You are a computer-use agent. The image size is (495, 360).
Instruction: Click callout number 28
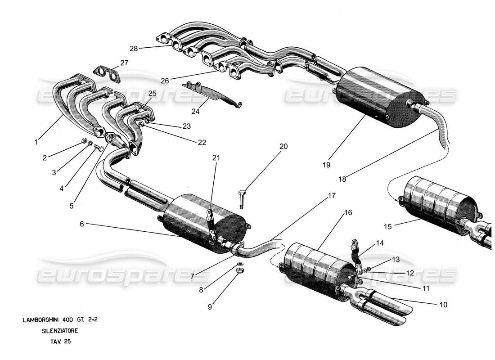tap(133, 48)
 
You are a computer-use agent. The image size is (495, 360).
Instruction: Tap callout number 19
tap(326, 165)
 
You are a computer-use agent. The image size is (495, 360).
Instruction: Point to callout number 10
tap(444, 304)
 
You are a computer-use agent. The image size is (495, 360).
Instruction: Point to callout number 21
tap(216, 157)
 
